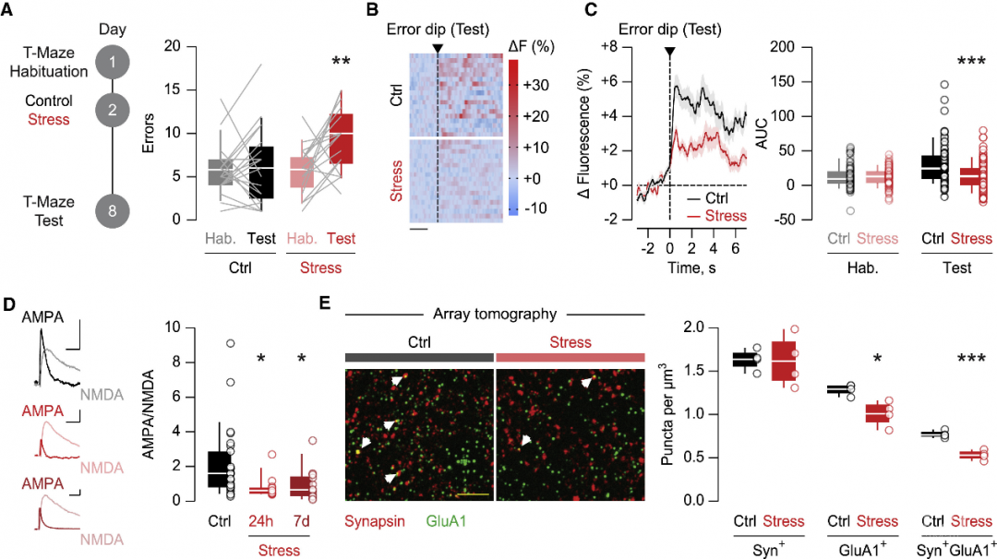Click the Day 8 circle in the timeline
112,211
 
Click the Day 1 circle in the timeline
112,63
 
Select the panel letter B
372,12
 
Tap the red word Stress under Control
49,119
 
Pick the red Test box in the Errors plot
341,138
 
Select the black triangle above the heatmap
438,47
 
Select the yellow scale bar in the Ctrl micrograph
472,494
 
